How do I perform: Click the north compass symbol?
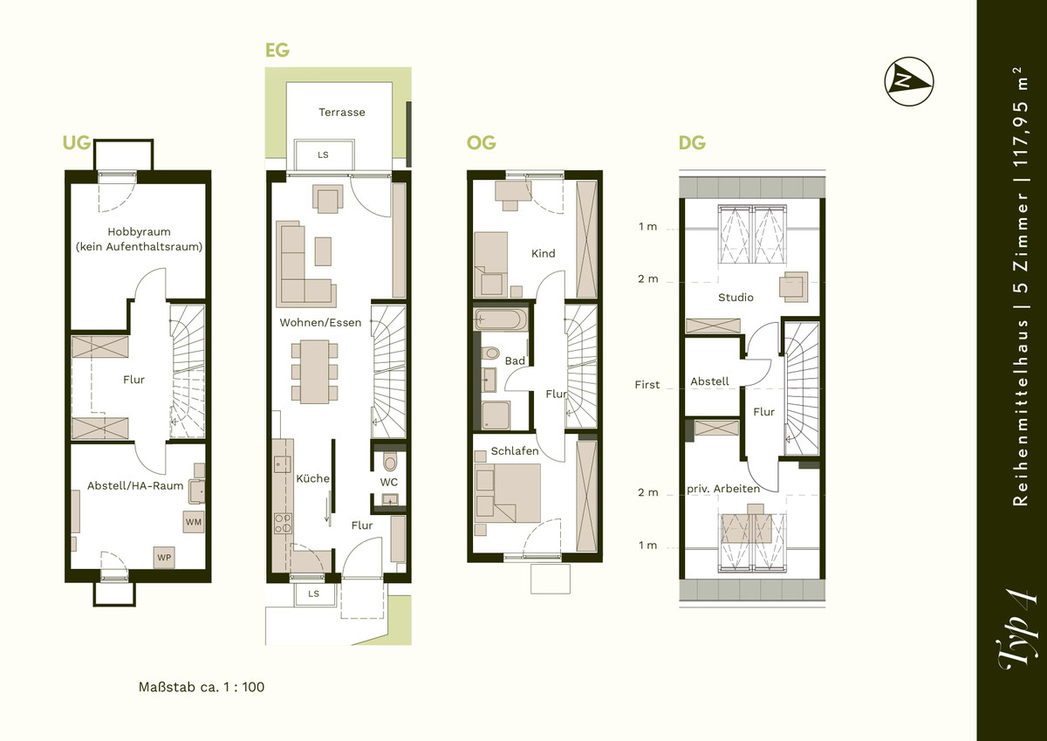909,82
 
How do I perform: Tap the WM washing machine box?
194,522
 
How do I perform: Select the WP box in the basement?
164,557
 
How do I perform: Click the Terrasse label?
342,113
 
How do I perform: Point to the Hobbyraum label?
139,232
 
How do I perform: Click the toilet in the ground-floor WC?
390,463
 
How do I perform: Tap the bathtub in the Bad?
500,319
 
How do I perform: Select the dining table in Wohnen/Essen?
315,372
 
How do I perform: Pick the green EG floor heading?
277,50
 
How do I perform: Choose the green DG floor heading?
692,142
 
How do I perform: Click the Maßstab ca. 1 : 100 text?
202,687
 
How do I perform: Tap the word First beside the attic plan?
647,385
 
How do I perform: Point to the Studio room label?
736,298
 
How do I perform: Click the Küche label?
312,479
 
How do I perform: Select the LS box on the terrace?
324,154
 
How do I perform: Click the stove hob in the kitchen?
283,523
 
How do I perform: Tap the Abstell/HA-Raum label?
135,486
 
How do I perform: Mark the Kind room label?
543,253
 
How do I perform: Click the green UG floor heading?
77,142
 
